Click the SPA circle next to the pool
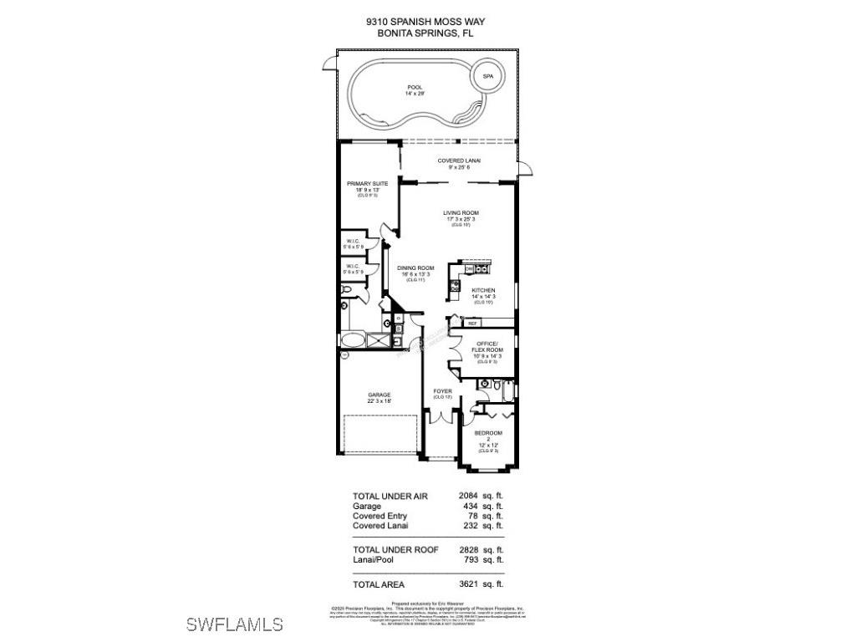tap(487, 77)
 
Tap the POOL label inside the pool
tap(415, 90)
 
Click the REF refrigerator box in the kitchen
tap(472, 323)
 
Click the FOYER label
tap(442, 391)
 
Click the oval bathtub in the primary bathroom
tap(355, 340)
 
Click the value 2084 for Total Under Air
tap(469, 496)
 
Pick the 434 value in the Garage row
tap(471, 507)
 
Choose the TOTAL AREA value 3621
tap(469, 583)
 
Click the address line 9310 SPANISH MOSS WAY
tap(428, 23)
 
